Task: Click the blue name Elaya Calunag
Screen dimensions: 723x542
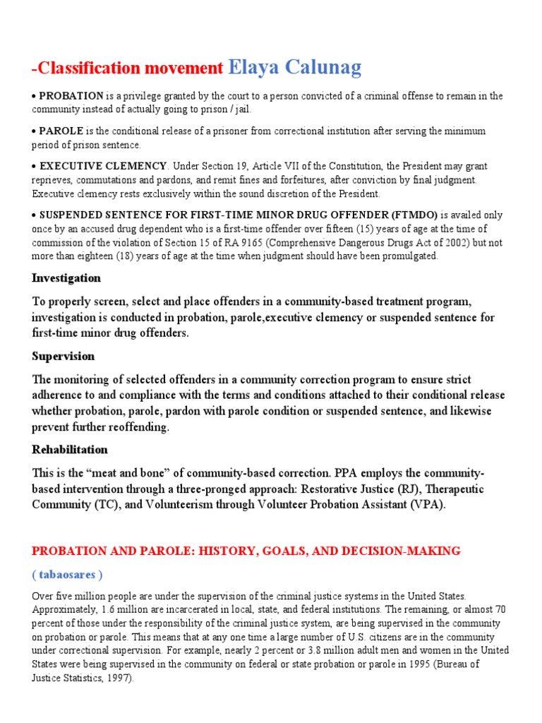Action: pos(295,67)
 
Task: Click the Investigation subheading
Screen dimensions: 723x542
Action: pos(66,277)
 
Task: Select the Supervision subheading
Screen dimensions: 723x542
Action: pos(63,356)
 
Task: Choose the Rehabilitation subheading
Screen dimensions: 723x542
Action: pos(70,449)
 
